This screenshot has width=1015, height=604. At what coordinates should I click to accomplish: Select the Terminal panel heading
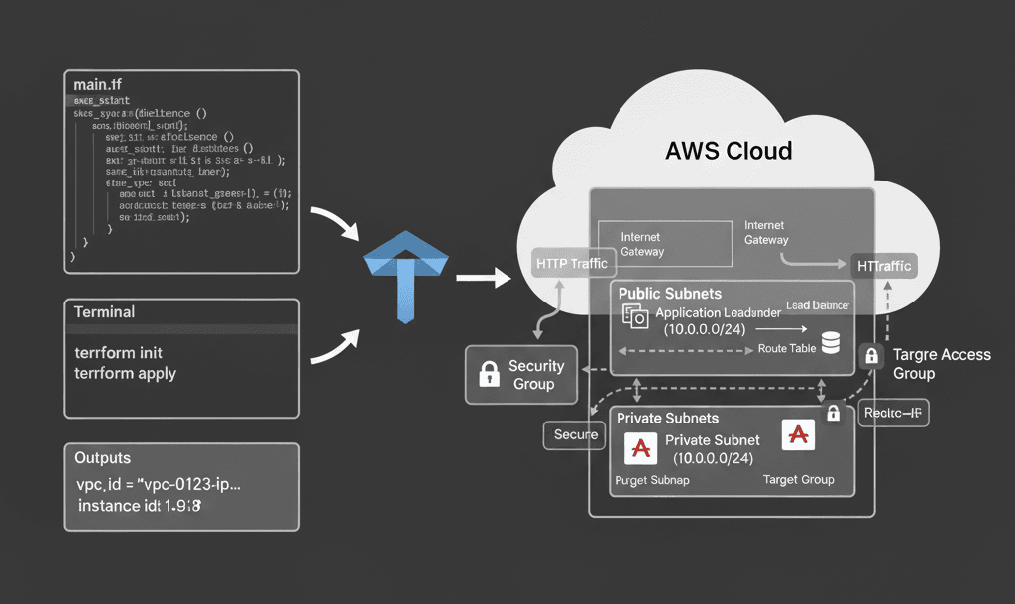pos(105,311)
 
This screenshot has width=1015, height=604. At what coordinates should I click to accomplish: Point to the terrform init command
pos(119,353)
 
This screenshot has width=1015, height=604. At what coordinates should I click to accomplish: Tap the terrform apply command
pos(126,373)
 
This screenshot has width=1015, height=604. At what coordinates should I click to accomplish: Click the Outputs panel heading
pos(103,458)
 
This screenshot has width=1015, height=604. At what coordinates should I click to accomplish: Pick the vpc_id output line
pos(159,485)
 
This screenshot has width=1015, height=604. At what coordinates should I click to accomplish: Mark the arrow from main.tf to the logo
pos(337,224)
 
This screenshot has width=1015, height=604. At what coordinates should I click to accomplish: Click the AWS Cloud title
pos(729,151)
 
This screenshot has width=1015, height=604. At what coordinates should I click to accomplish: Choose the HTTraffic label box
pos(882,265)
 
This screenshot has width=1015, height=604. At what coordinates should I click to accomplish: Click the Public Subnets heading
pos(670,294)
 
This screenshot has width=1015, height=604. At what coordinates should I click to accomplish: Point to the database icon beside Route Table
pos(831,343)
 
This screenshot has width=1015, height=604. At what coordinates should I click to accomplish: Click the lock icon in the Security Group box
pos(489,374)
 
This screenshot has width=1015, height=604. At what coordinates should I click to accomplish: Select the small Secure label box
pos(576,434)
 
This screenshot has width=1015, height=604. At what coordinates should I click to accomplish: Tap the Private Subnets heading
pos(668,418)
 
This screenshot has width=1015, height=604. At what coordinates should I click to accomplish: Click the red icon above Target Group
pos(798,433)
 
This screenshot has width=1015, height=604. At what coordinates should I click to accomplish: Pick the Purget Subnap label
pos(651,480)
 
